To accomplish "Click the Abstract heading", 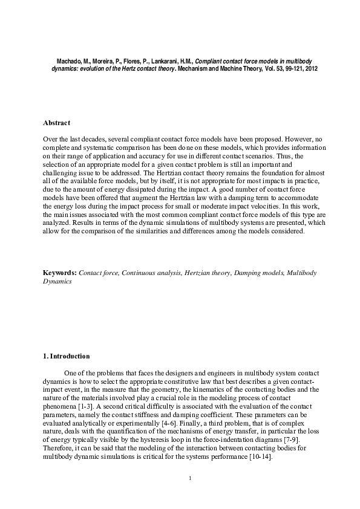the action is (x=56, y=123).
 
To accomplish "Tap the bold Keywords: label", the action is (x=60, y=273).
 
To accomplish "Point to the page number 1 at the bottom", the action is (x=190, y=479).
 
